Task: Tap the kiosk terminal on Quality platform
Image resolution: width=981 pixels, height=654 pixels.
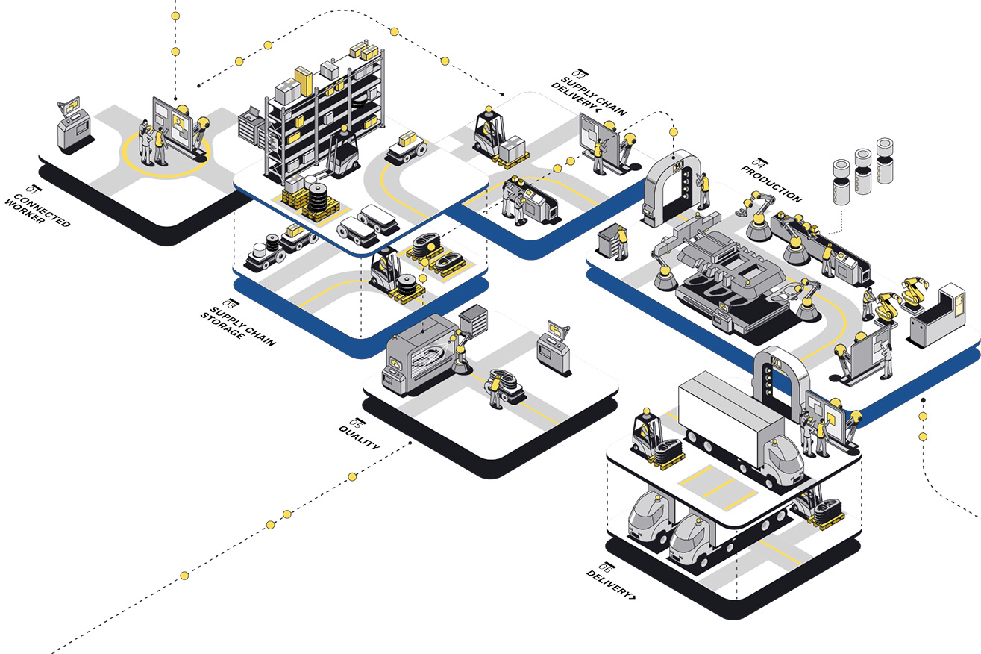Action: tap(554, 347)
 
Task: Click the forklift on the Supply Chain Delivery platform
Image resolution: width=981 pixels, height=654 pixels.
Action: tap(489, 134)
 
